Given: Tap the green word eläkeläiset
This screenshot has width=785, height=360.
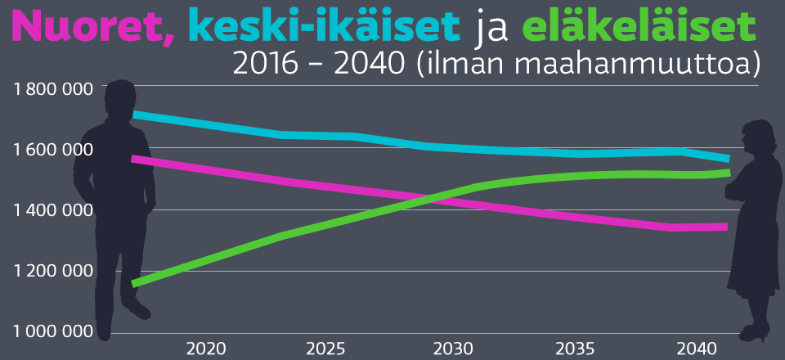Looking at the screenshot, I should coord(638,28).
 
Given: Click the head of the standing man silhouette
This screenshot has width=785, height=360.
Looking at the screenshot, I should coord(120,100).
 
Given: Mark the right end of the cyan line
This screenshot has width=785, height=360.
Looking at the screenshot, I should coord(728,159).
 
